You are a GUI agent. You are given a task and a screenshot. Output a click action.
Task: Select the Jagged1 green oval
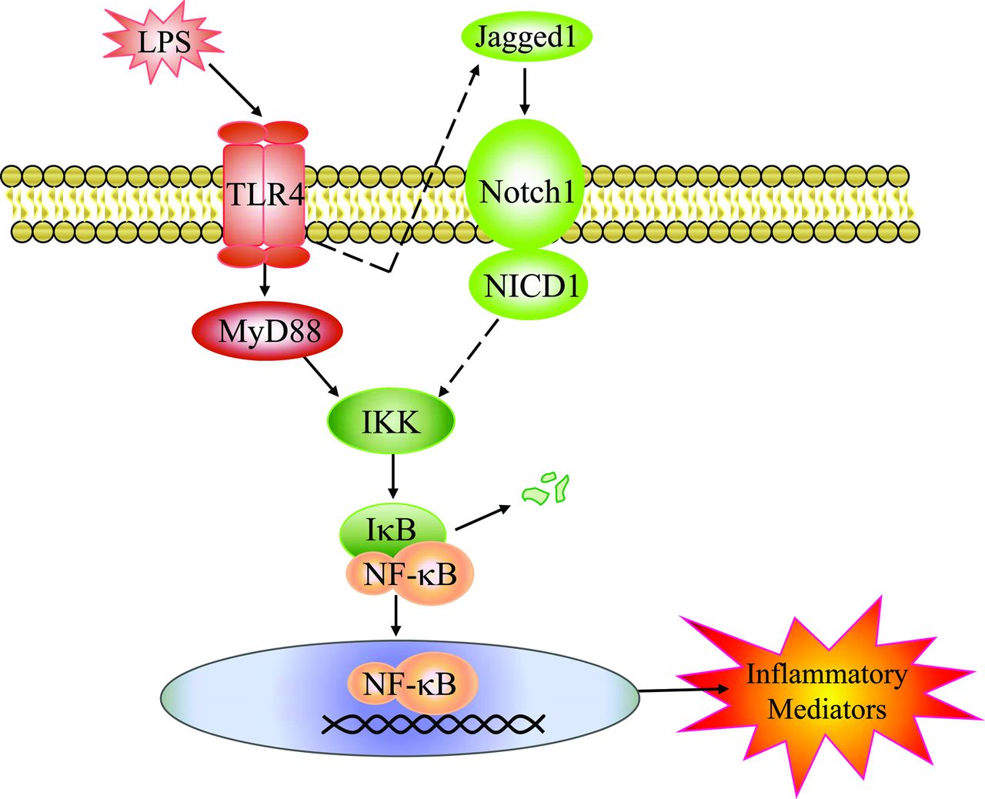526,37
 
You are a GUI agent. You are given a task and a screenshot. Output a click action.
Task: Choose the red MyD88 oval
267,332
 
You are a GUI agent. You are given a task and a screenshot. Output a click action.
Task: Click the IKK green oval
391,421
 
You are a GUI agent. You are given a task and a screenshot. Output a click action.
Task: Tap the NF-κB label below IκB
410,574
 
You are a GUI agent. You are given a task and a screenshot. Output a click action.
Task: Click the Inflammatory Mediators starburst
826,691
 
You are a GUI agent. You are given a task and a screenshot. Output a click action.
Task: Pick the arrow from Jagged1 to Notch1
525,91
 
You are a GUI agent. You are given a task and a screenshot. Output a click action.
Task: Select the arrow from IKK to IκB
393,476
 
